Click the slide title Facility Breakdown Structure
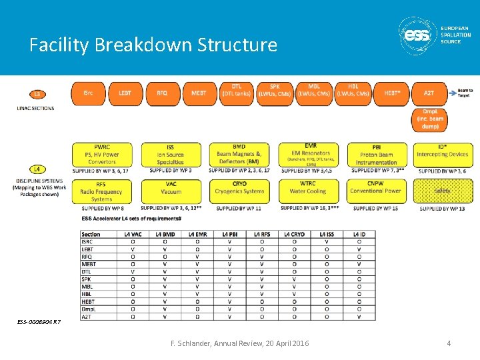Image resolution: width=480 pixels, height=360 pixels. pos(153,45)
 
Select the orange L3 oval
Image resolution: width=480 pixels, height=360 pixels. pos(37,94)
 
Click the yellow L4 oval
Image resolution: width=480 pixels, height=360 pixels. pos(37,169)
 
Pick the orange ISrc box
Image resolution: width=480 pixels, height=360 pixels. pos(88,94)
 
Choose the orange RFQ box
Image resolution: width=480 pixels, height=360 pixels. pos(162,94)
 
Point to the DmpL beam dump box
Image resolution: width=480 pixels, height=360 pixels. pos(431,119)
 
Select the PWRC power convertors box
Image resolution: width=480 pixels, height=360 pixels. pos(102,154)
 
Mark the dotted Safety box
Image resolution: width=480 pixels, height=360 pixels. pos(441,191)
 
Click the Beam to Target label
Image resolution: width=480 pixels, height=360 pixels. pos(465,93)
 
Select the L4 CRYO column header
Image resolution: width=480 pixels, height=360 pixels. pos(293,234)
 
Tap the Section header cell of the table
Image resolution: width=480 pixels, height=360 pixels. pos(91,234)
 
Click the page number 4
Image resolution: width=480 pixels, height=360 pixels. pos(449,343)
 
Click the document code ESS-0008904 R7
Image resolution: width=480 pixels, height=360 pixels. pos(39,322)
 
